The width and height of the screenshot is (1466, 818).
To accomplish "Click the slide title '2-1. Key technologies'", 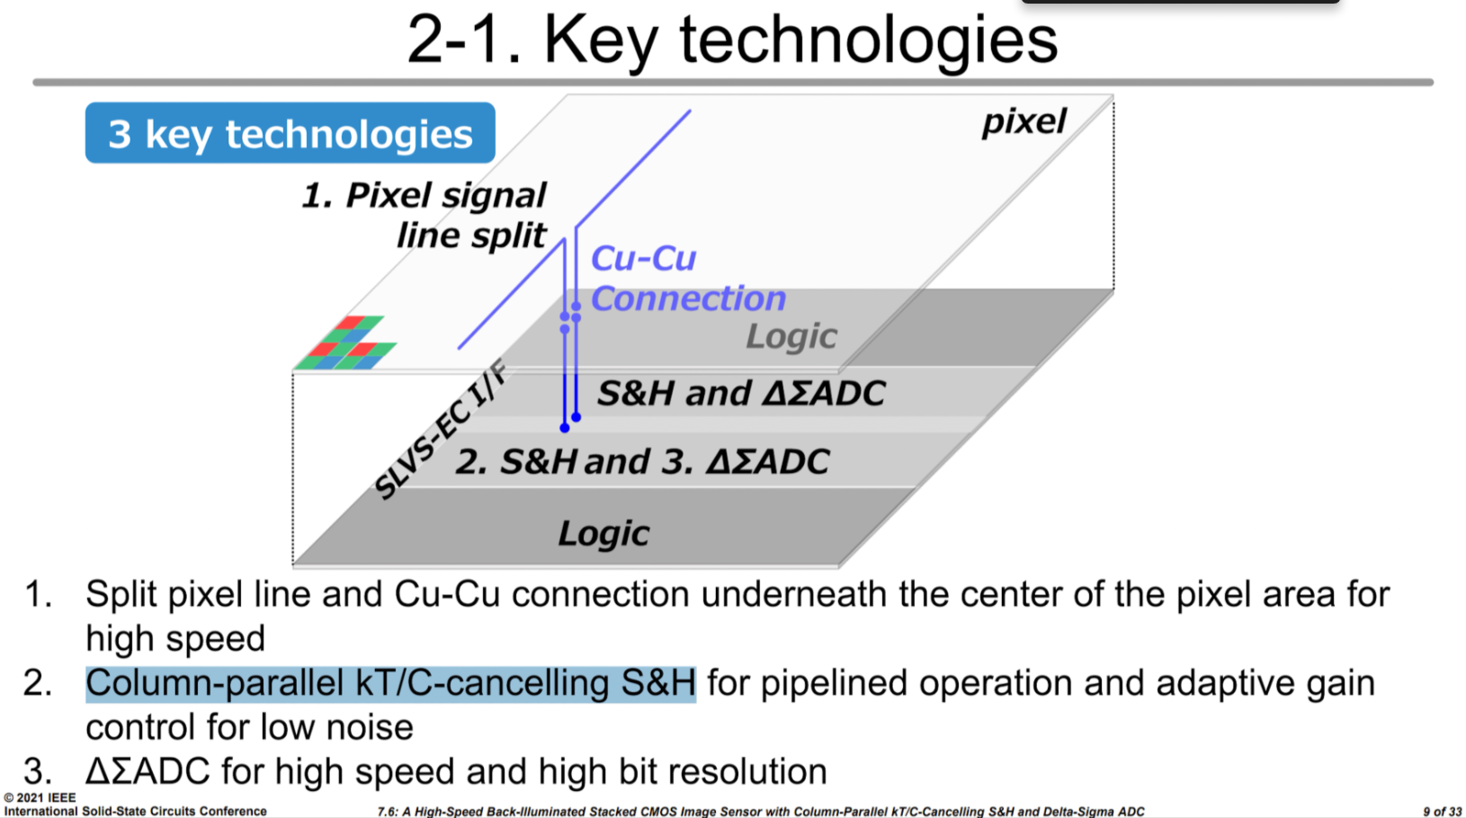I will pos(732,40).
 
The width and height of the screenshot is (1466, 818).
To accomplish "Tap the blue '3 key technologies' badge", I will pos(290,134).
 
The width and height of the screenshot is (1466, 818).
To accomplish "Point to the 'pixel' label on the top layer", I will pos(1024,121).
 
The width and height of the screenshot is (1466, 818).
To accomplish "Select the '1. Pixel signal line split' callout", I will pos(425,215).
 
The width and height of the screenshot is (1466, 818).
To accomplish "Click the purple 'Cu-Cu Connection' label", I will pos(687,279).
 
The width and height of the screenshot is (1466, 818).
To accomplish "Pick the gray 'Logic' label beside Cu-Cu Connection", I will pos(791,336).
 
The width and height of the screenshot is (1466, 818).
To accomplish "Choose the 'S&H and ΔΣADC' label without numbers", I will pos(741,393).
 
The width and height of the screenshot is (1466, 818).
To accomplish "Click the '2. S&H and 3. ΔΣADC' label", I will pos(642,461).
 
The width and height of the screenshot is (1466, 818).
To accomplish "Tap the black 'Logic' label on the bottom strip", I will pos(603,533).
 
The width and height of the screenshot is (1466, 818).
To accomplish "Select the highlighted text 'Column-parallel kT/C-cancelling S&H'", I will pos(390,684).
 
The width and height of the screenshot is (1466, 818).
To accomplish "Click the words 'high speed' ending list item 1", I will pos(175,639).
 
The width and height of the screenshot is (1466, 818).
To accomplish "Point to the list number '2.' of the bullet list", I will pos(38,684).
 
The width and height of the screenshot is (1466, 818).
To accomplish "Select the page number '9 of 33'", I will pos(1442,811).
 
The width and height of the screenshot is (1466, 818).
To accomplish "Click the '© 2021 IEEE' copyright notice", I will pos(40,797).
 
